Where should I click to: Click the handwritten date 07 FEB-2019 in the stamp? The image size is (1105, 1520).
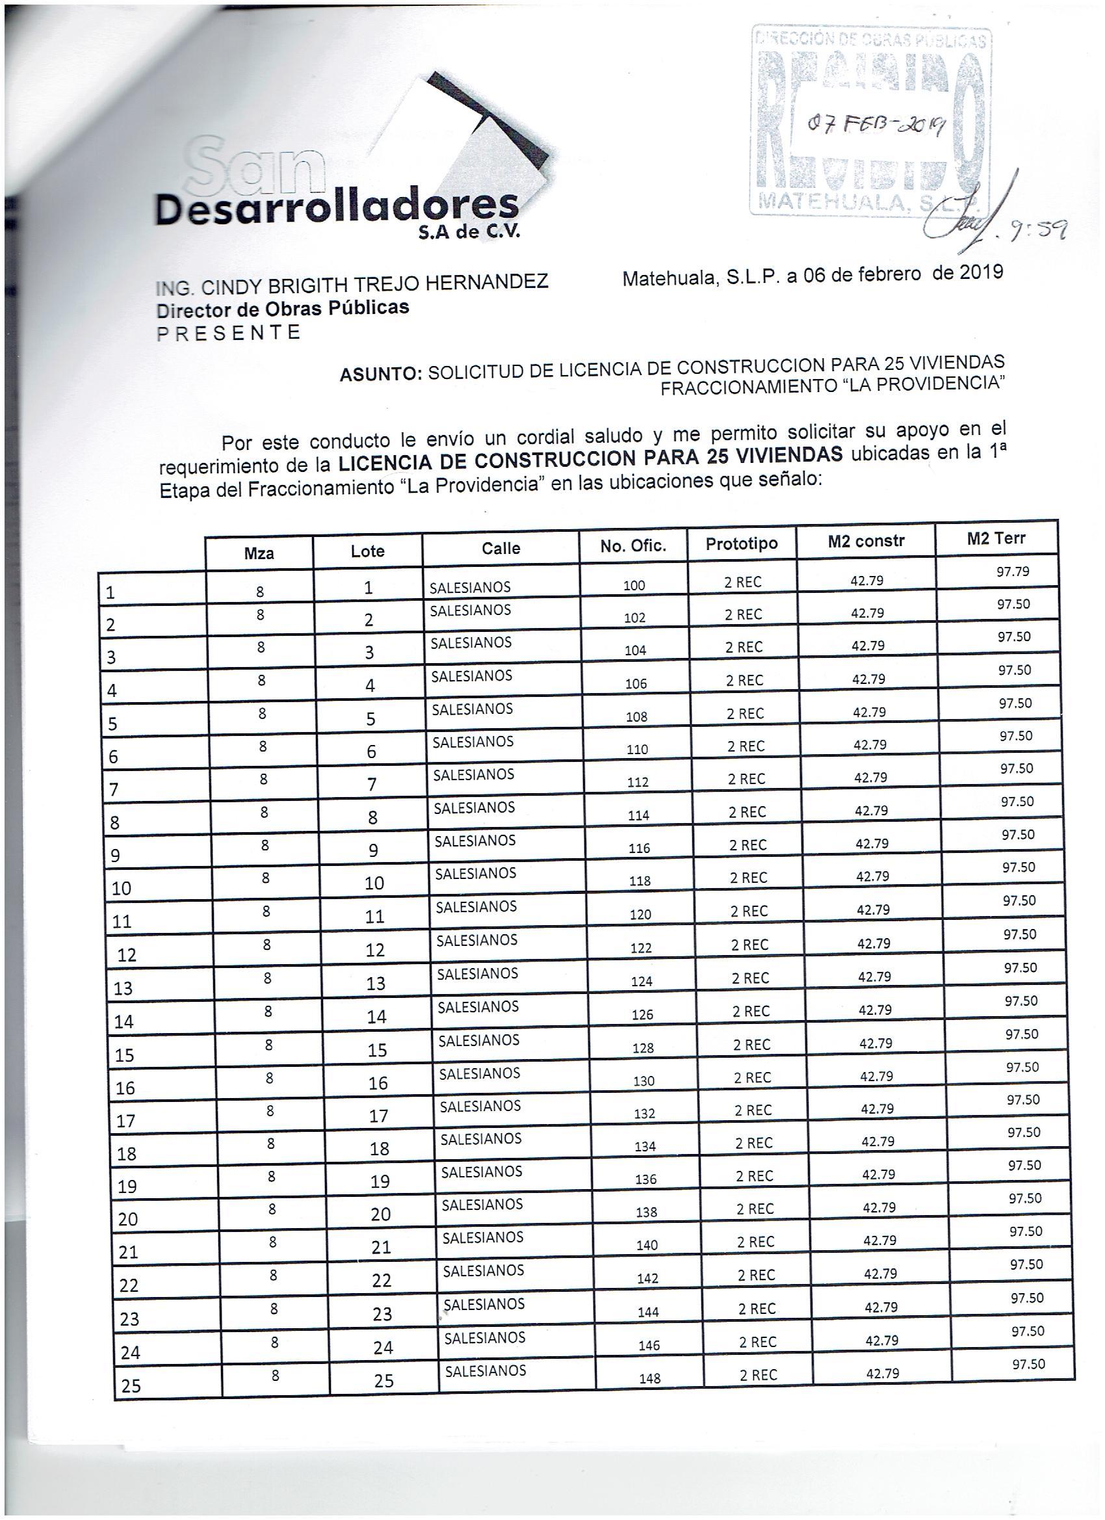876,124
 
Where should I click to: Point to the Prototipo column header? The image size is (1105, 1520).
741,544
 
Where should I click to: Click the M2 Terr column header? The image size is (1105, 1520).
996,538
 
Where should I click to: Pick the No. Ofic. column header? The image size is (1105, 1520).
633,546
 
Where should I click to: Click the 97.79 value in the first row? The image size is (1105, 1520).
1013,571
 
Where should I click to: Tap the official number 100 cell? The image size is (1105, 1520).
634,585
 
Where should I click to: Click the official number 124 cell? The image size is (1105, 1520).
642,982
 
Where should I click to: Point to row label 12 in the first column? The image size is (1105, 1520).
127,955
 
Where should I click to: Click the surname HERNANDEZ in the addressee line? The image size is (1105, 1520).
487,282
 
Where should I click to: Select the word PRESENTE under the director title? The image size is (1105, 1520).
229,333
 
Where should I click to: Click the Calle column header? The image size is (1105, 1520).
500,548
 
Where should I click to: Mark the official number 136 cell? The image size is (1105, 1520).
645,1179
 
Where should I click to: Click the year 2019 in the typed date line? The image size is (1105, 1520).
981,272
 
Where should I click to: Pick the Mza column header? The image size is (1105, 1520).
259,553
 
